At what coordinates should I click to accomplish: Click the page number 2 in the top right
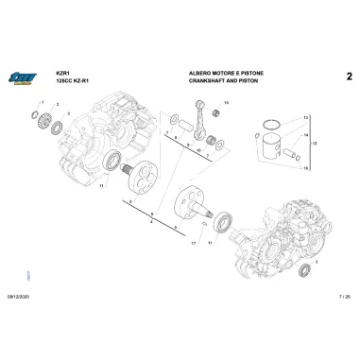point(349,76)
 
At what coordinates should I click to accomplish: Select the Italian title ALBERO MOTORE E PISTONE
point(225,73)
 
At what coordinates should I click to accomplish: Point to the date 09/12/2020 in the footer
point(18,297)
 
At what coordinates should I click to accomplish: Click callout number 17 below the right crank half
point(193,243)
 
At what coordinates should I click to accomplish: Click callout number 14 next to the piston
point(306,135)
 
